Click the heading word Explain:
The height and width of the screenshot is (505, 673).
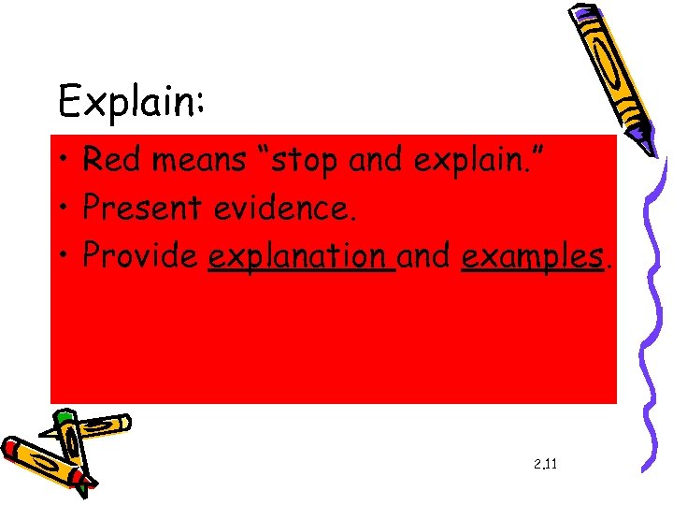[x=132, y=100]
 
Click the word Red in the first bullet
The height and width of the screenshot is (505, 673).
[x=109, y=161]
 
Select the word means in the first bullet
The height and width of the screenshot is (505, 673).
[x=197, y=161]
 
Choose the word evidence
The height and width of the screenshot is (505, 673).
[x=285, y=209]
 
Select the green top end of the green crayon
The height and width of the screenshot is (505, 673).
[x=64, y=416]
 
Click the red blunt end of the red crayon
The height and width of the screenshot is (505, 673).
[x=9, y=448]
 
